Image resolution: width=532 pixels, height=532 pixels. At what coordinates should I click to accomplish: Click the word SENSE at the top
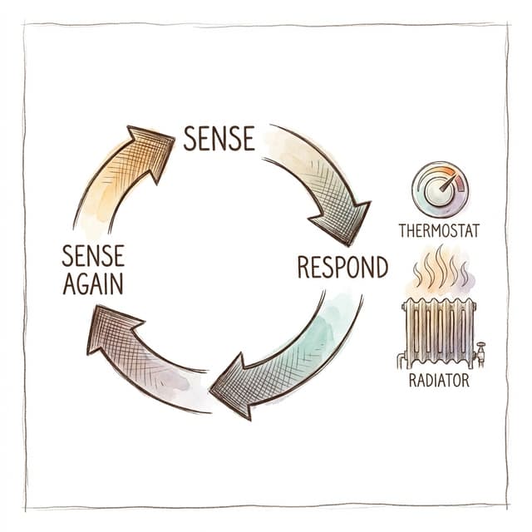tap(219, 138)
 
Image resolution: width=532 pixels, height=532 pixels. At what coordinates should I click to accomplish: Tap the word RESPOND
tap(342, 267)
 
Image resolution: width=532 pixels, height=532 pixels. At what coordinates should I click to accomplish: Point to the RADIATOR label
tap(440, 381)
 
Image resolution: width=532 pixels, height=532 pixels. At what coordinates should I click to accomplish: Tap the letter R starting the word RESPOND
tap(304, 267)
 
